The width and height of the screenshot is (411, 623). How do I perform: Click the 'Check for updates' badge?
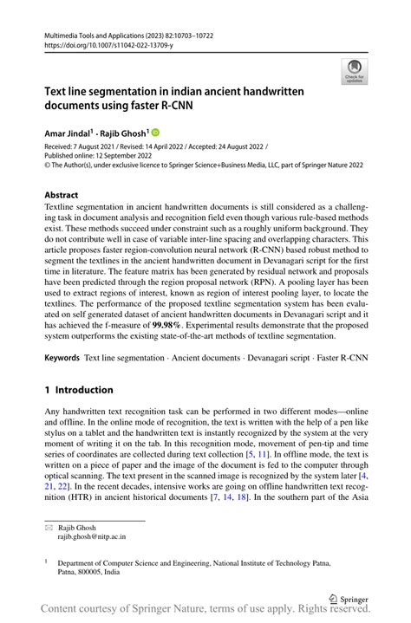353,72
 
